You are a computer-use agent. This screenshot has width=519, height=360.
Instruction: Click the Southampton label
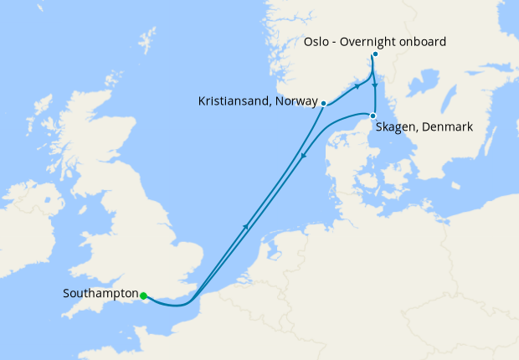coord(100,295)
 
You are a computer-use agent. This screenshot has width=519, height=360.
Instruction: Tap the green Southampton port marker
coord(144,296)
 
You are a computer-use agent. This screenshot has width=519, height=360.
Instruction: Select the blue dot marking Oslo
coord(375,54)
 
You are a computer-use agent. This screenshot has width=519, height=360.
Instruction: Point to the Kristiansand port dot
coord(324,104)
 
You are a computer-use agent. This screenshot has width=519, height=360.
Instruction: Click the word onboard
coord(424,41)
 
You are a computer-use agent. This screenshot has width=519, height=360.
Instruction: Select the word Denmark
coord(448,127)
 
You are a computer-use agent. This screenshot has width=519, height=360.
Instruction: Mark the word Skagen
coord(400,127)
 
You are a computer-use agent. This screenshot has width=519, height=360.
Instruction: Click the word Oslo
coord(314,41)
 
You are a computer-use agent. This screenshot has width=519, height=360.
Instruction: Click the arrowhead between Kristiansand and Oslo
coord(357,85)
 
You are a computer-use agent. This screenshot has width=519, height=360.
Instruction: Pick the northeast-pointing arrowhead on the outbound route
coord(246,226)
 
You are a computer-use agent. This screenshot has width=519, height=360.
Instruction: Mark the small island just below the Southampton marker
coord(147,302)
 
